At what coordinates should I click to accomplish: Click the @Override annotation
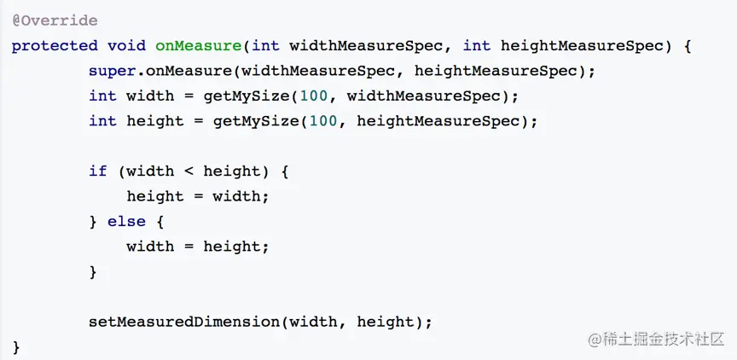click(x=55, y=20)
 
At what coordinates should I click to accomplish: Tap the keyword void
click(x=126, y=45)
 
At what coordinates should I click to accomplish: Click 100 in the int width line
click(x=323, y=96)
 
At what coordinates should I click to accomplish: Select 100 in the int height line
click(x=323, y=120)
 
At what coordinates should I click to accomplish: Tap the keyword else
click(x=126, y=221)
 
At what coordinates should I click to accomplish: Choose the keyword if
click(x=98, y=171)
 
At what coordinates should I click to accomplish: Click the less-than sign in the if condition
click(x=189, y=171)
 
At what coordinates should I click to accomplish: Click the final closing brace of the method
click(x=16, y=347)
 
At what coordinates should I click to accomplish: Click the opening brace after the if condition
click(x=285, y=171)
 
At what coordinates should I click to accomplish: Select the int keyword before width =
click(x=102, y=96)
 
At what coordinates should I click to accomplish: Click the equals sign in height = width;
click(x=198, y=196)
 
